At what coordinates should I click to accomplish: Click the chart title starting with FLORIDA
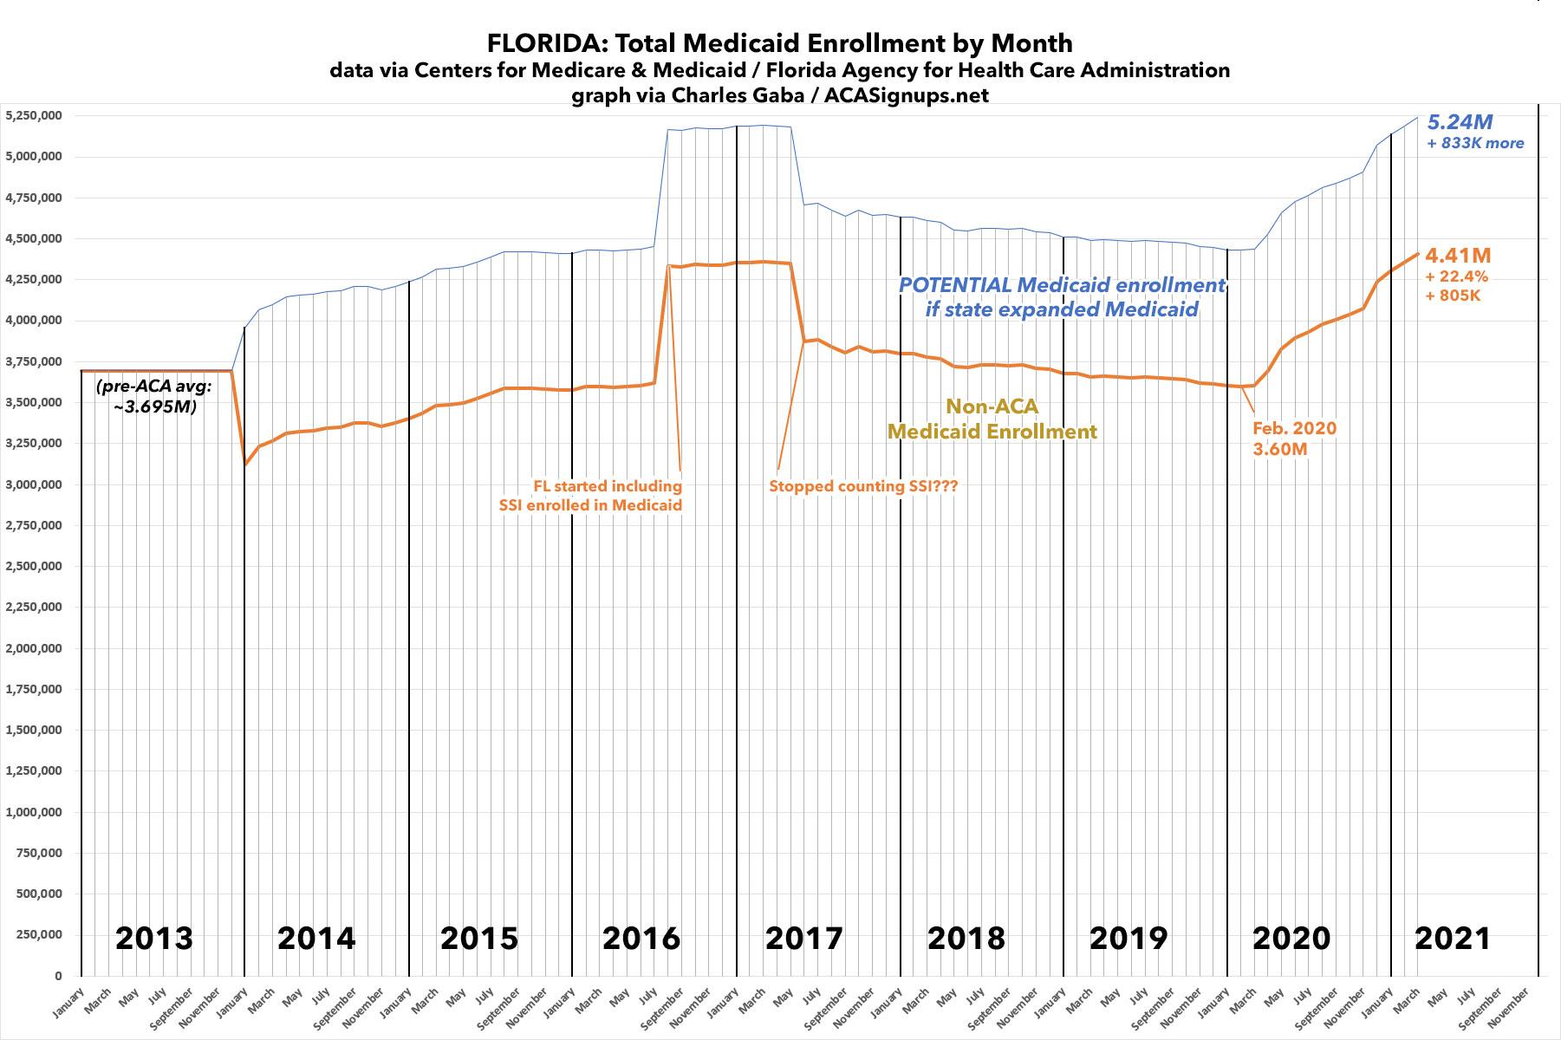tap(779, 43)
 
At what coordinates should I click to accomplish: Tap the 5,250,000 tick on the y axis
tap(35, 115)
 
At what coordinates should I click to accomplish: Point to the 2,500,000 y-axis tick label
tap(35, 566)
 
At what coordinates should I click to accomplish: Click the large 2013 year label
tap(154, 938)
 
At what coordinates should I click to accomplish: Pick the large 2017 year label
tap(804, 938)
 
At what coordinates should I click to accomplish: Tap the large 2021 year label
tap(1453, 938)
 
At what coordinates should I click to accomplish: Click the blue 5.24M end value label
tap(1460, 122)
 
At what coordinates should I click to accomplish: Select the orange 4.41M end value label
tap(1458, 255)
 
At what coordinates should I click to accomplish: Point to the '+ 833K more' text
tap(1475, 143)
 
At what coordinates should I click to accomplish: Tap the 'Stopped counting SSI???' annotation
tap(863, 486)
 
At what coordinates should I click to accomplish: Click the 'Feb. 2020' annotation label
tap(1294, 428)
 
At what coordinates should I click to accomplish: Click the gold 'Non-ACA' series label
tap(992, 406)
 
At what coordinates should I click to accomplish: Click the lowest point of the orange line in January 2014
tap(245, 465)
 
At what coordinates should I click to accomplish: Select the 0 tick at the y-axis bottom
tap(58, 976)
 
